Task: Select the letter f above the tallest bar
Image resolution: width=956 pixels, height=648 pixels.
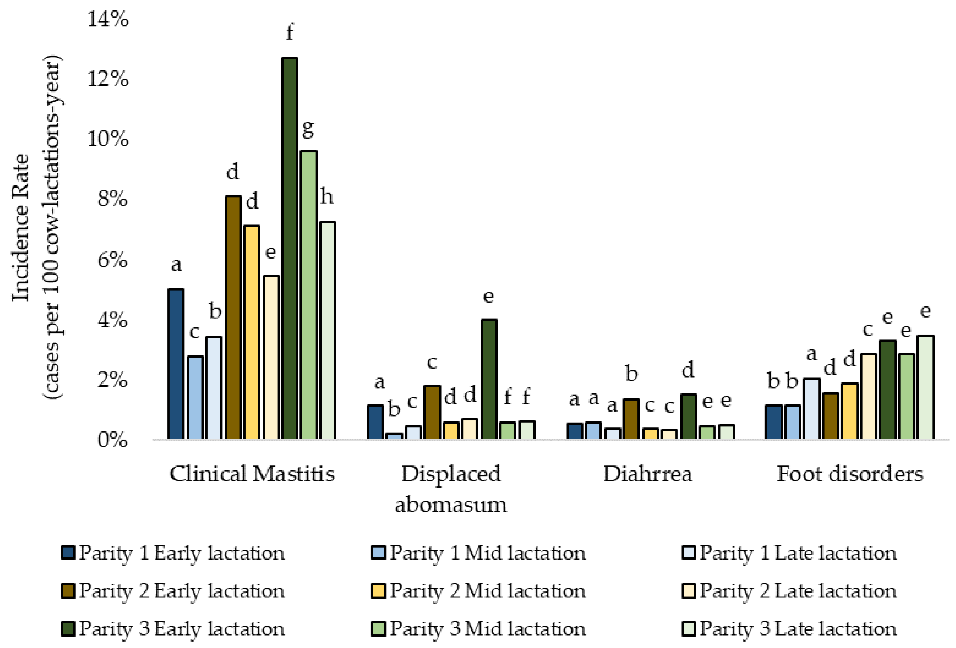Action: click(290, 32)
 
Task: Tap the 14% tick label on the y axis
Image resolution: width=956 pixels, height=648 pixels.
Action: click(108, 19)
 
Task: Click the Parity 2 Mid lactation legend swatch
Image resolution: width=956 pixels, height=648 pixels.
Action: click(378, 591)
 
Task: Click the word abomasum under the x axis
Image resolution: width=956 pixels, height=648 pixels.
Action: click(451, 504)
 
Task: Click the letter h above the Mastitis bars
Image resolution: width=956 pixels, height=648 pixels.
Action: click(327, 197)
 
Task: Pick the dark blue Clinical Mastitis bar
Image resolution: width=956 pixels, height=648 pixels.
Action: click(176, 364)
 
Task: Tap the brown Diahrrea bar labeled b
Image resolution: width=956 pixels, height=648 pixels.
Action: click(631, 419)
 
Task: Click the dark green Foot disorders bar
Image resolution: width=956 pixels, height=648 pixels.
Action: click(887, 389)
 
